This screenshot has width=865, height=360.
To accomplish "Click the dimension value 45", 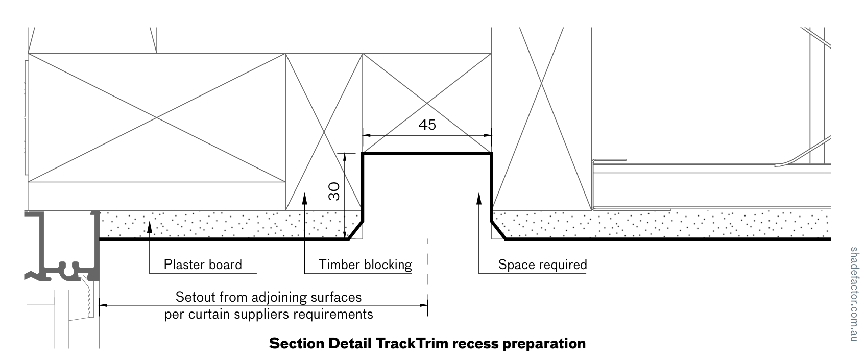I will tap(427, 125).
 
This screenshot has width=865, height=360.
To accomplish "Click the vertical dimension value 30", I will tap(334, 191).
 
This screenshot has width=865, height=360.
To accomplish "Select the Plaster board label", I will tap(202, 265).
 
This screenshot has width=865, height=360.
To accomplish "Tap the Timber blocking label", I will tap(365, 265).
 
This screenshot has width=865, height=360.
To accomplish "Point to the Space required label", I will tap(542, 265).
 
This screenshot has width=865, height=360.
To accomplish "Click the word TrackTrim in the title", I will tap(411, 343).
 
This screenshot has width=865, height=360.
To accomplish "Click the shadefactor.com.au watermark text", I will tap(854, 294).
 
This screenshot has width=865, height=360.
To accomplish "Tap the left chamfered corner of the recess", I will tap(356, 230).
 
